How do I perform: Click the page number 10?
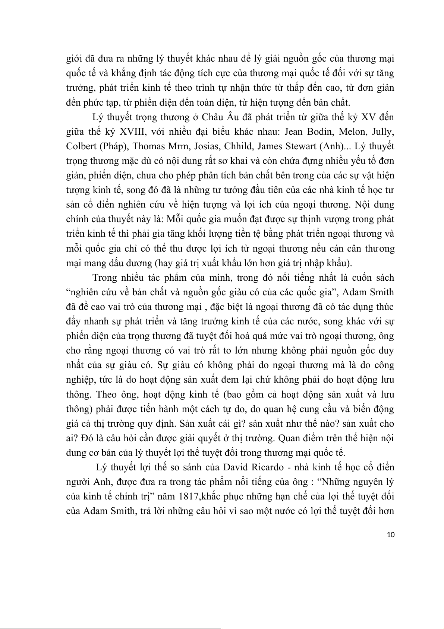click(391, 535)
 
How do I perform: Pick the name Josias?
click(205, 146)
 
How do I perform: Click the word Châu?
click(212, 117)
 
